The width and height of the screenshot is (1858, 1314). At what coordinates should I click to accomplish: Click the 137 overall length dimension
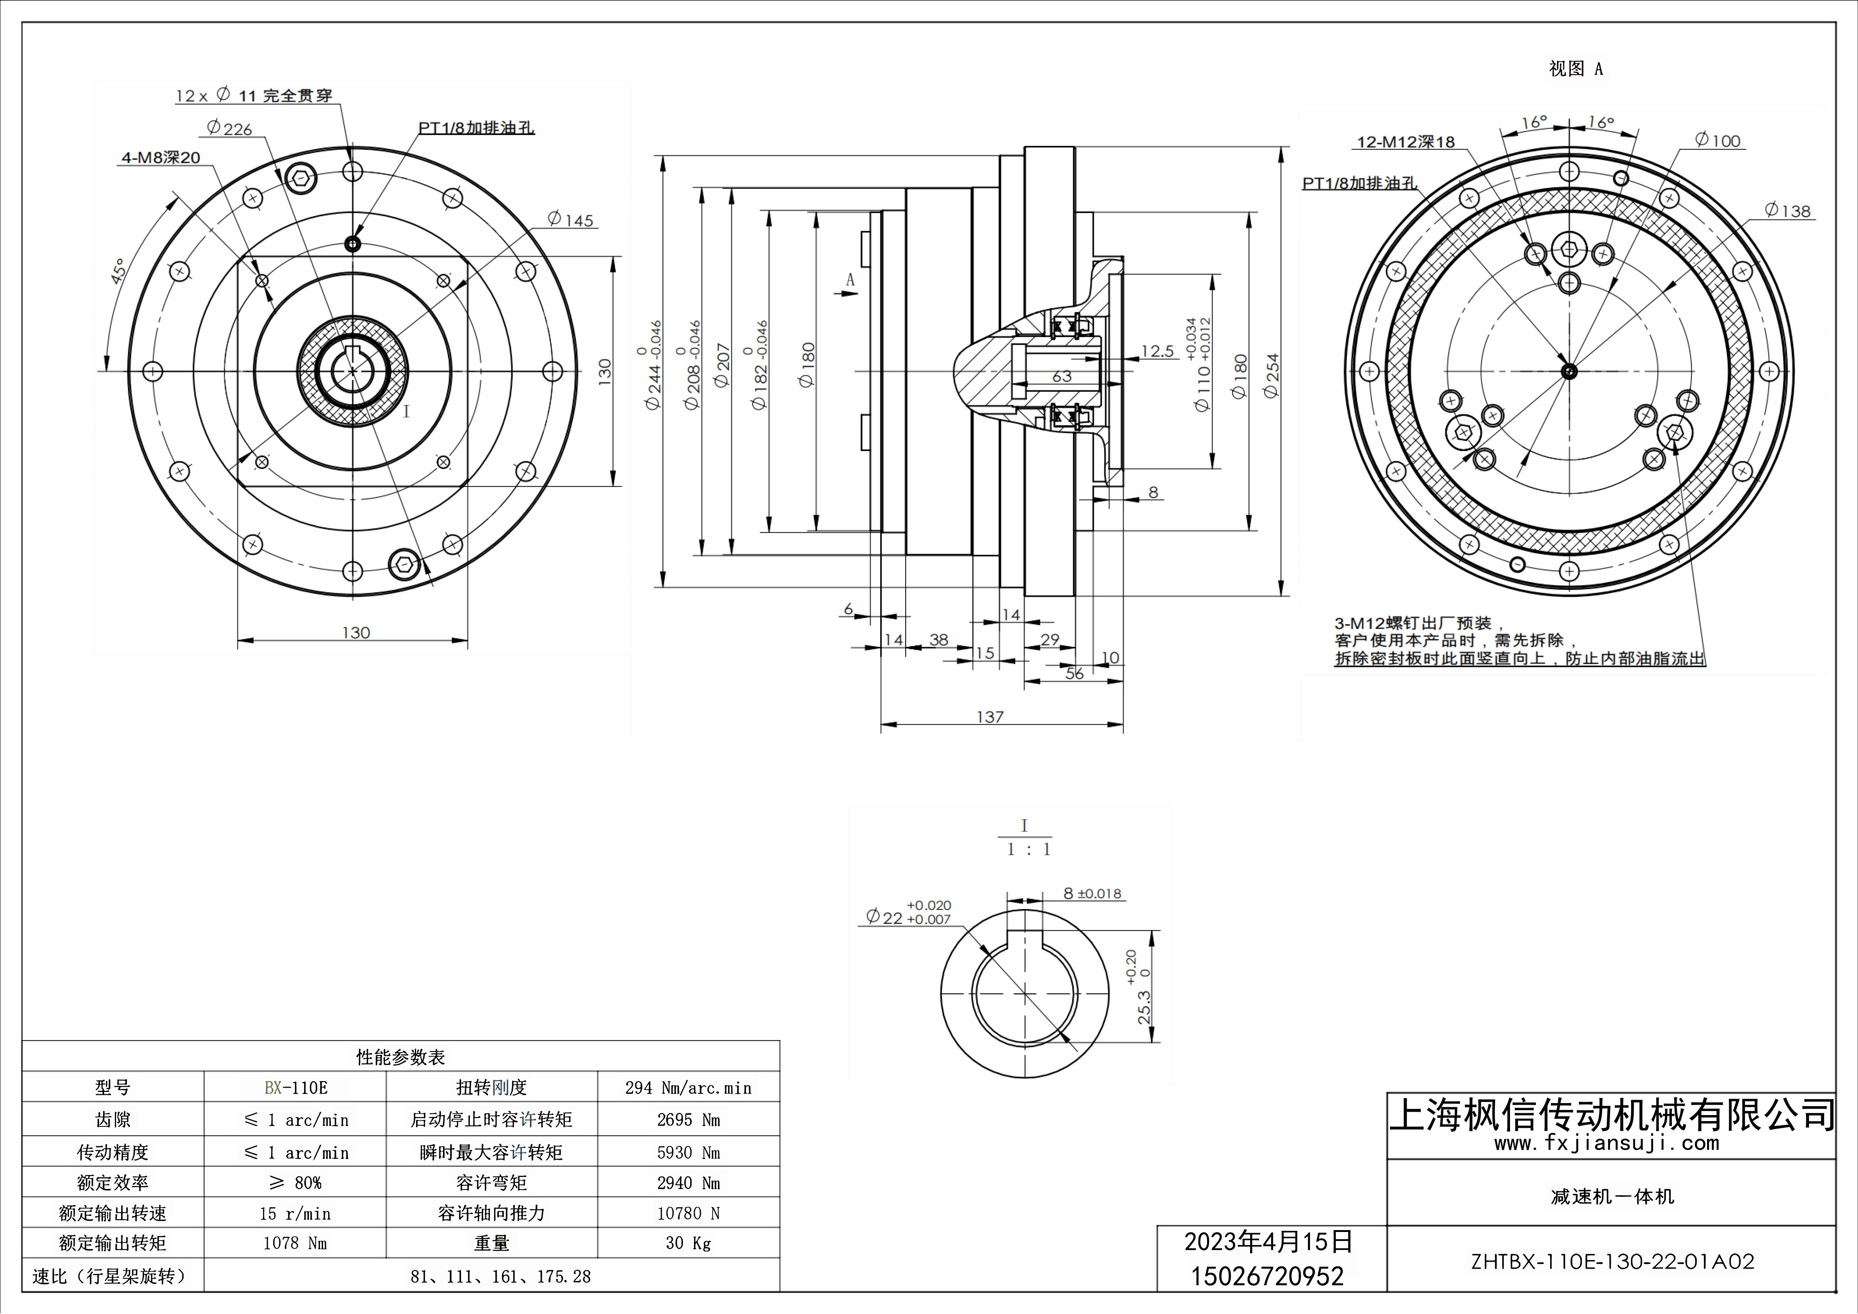(x=990, y=717)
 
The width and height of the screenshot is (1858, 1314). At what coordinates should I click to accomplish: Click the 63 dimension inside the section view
(x=1062, y=376)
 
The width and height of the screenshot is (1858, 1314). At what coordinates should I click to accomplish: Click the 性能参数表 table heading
(x=401, y=1057)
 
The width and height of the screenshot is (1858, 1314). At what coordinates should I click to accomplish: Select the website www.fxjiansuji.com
(x=1606, y=1143)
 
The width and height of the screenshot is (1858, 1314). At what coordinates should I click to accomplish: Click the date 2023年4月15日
(x=1268, y=1242)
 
